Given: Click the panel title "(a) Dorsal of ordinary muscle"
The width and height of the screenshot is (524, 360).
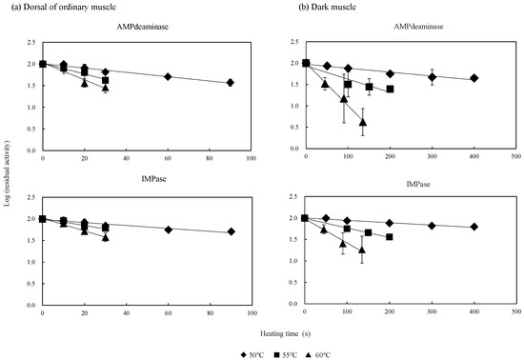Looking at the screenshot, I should [59, 8].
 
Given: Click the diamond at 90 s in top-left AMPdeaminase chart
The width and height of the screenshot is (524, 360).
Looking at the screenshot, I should [231, 83].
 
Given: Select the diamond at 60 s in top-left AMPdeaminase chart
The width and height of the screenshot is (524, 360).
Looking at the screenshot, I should [168, 76].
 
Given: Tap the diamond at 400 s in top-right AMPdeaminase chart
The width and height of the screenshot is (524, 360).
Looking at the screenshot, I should [474, 78].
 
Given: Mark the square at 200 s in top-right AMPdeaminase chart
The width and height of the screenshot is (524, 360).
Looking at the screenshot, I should [390, 90].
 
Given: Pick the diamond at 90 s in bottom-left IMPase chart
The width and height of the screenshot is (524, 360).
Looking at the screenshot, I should [231, 231].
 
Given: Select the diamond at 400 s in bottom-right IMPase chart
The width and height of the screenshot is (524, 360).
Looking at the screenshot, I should [474, 227].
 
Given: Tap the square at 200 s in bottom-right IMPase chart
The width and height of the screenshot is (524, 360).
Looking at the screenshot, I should [390, 237].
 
